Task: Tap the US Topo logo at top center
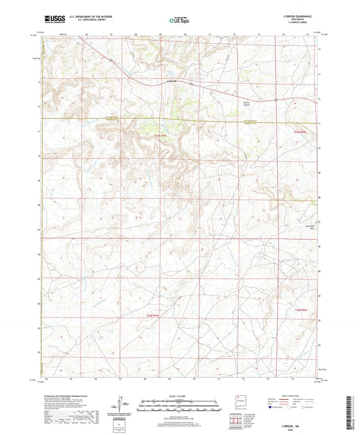point(179,21)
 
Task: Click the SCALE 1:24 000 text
point(179,396)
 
